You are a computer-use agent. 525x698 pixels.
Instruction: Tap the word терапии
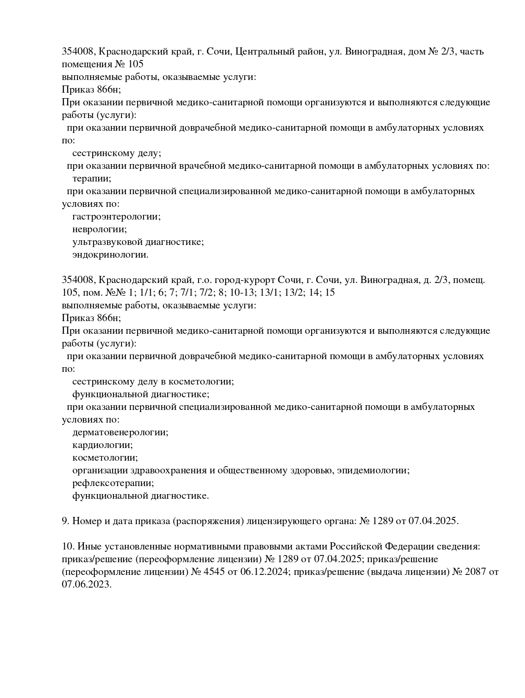[91, 179]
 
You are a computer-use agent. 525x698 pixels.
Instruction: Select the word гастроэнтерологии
[116, 217]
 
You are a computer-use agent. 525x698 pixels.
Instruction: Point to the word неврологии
[99, 229]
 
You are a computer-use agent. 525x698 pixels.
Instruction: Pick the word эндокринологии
[110, 255]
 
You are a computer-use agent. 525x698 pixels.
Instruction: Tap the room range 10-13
[244, 292]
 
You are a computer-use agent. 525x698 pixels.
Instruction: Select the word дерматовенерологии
[120, 432]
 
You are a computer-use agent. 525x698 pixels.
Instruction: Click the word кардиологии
[102, 445]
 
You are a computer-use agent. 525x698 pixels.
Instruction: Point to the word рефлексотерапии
[113, 483]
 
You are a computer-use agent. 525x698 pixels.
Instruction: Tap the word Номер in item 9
[86, 521]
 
